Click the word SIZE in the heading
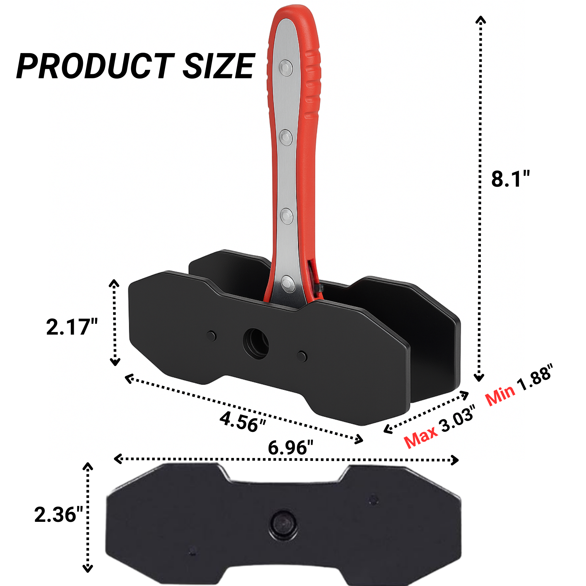(218, 66)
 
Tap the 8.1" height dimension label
(510, 179)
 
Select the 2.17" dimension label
(72, 327)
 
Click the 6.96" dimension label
(290, 448)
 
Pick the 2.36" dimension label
(59, 515)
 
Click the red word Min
(500, 396)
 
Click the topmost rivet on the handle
(286, 68)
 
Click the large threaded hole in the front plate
(256, 344)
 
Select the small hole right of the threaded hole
(302, 356)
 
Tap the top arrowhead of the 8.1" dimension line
(481, 20)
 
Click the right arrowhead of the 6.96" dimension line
(455, 460)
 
